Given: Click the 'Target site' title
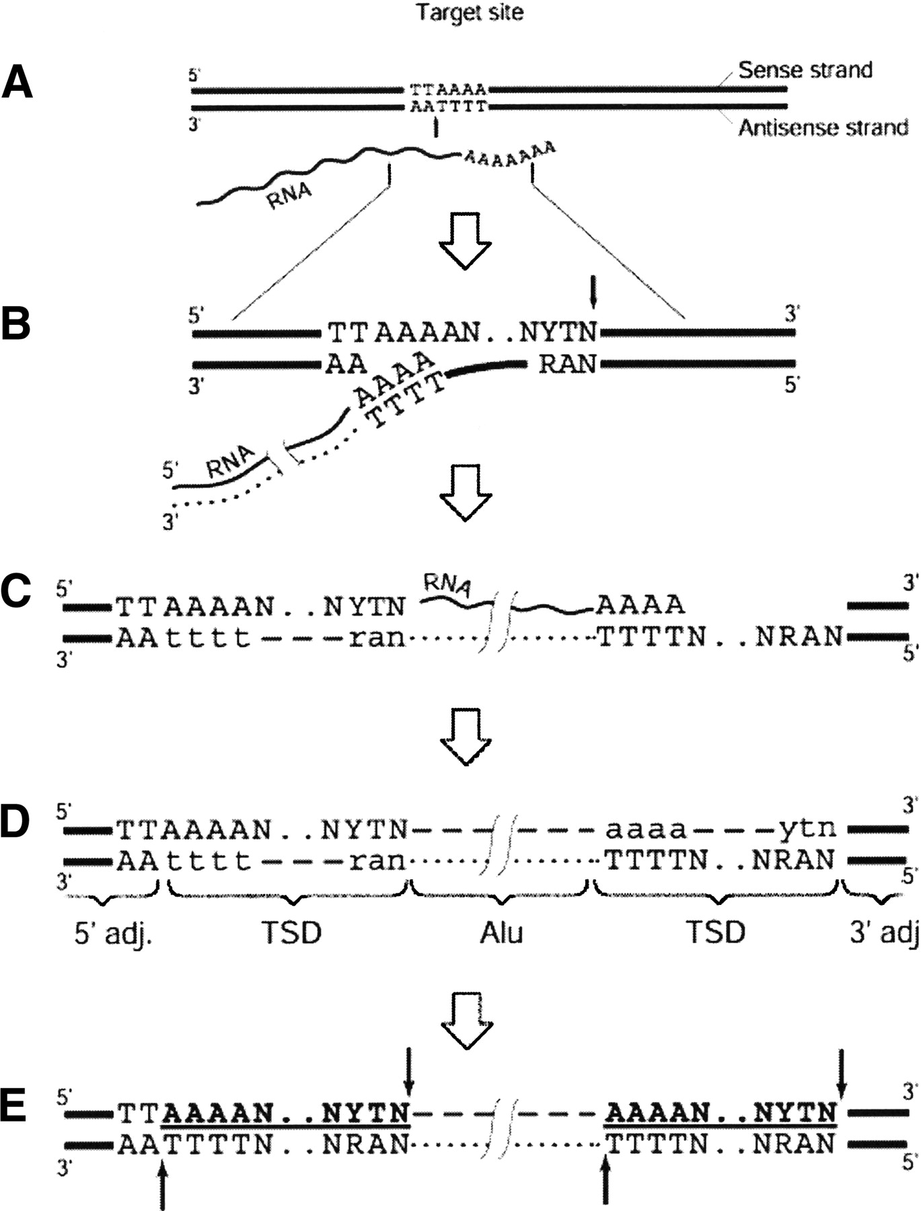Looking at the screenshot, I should point(469,13).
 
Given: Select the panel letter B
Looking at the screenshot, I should point(16,324).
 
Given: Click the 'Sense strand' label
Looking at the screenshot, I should point(805,70).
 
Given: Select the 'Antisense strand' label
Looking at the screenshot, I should point(823,127).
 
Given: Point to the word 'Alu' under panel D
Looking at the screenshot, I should point(501,933).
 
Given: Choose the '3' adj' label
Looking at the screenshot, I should point(883,933).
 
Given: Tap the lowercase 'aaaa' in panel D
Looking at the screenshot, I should point(647,830).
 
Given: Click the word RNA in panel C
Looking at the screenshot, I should point(445,585).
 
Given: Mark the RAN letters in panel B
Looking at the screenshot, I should point(567,364).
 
